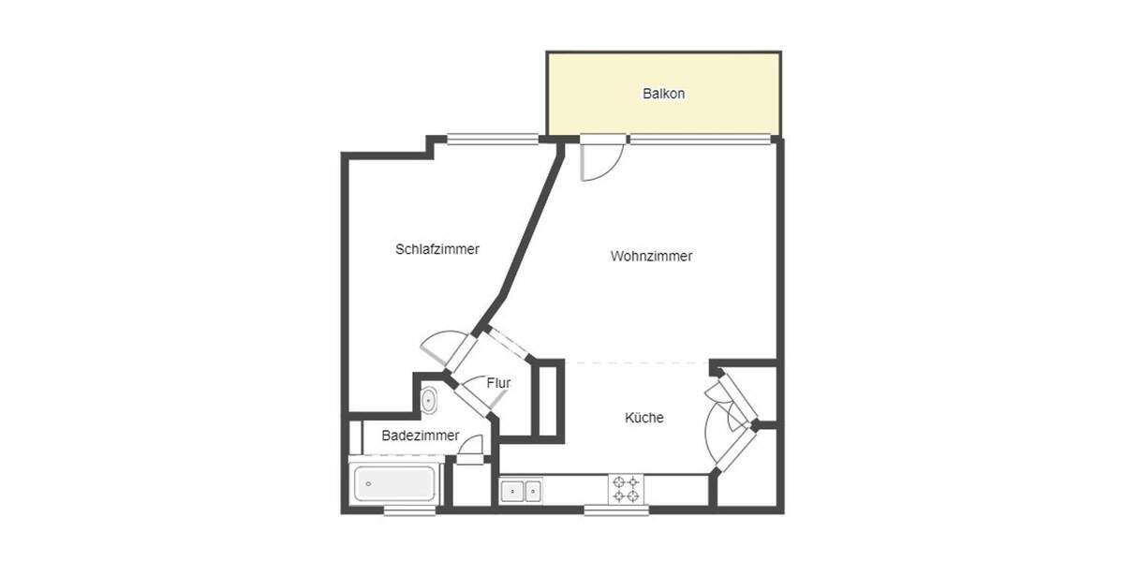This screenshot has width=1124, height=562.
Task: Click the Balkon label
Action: click(663, 94)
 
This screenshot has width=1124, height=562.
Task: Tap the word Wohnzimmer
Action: click(651, 256)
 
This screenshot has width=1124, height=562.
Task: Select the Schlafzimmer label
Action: click(437, 249)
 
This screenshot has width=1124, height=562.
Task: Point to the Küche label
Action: click(644, 418)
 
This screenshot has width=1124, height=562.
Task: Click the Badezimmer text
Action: click(421, 436)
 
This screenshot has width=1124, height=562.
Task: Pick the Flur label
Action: click(498, 383)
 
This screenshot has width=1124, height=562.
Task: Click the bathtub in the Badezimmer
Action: click(392, 484)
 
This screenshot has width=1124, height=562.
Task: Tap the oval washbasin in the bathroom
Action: click(429, 401)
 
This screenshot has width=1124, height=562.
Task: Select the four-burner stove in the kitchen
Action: click(625, 490)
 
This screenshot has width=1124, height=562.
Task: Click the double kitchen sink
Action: click(521, 491)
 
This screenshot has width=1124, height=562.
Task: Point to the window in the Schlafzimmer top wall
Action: click(493, 140)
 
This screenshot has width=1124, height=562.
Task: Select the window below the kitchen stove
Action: click(615, 510)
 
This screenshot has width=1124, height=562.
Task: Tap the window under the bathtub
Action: click(409, 510)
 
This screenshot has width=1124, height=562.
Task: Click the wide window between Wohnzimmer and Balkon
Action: click(701, 140)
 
